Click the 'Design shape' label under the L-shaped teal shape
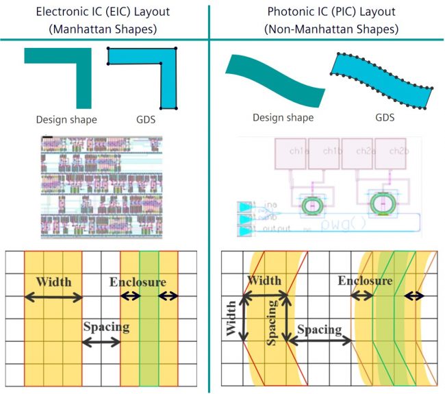66,119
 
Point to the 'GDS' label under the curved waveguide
384,117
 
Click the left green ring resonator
313,204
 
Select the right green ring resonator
381,204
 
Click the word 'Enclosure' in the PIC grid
364,281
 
